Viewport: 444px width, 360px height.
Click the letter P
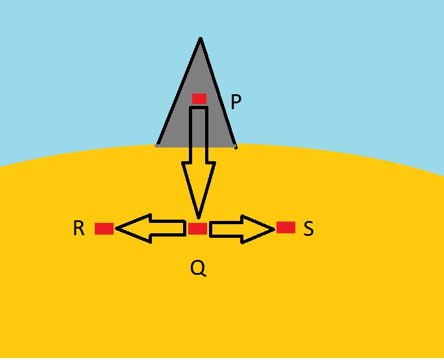pyautogui.click(x=236, y=102)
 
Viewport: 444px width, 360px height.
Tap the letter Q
pyautogui.click(x=198, y=267)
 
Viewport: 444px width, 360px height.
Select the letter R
pyautogui.click(x=79, y=229)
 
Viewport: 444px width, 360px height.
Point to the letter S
pyautogui.click(x=308, y=229)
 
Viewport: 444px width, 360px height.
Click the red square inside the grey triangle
pyautogui.click(x=199, y=99)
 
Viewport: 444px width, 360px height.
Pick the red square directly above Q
pyautogui.click(x=197, y=229)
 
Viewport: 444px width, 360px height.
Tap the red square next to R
pyautogui.click(x=104, y=229)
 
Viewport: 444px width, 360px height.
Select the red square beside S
pyautogui.click(x=286, y=227)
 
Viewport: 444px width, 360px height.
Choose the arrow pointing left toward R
pyautogui.click(x=151, y=228)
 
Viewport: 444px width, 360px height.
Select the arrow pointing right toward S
pyautogui.click(x=241, y=229)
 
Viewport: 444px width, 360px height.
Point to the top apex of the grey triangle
pyautogui.click(x=200, y=39)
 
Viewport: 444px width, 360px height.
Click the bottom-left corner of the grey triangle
pyautogui.click(x=157, y=146)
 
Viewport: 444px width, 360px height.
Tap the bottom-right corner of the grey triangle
pyautogui.click(x=235, y=146)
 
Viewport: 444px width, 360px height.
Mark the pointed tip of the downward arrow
pyautogui.click(x=199, y=217)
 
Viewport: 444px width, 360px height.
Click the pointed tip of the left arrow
pyautogui.click(x=117, y=229)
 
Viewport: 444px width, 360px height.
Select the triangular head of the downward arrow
pyautogui.click(x=199, y=185)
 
